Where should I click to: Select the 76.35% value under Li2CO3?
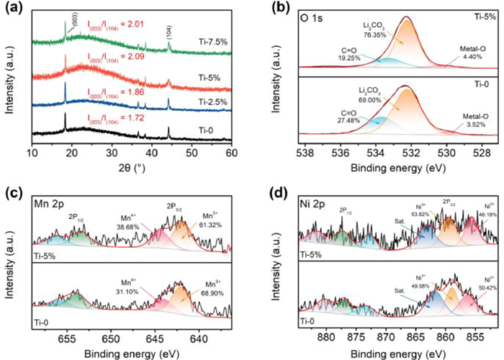(374, 33)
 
